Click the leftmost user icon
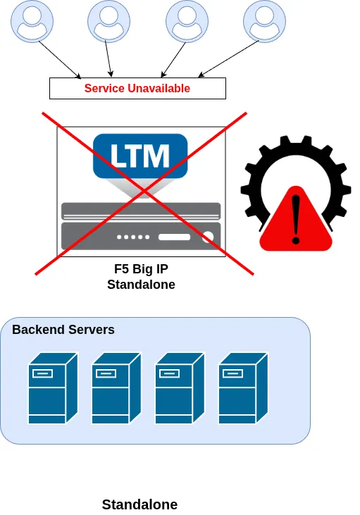click(x=32, y=20)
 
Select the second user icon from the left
click(x=109, y=20)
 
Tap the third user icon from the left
click(x=187, y=20)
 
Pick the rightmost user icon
click(x=264, y=20)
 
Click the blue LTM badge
click(x=141, y=154)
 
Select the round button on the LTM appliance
click(x=208, y=237)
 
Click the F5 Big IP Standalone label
click(x=141, y=278)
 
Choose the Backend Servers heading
click(x=63, y=330)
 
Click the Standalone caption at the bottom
click(x=139, y=504)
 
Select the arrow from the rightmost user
click(x=229, y=58)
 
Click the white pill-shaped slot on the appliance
click(x=175, y=237)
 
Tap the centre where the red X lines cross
click(x=144, y=192)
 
